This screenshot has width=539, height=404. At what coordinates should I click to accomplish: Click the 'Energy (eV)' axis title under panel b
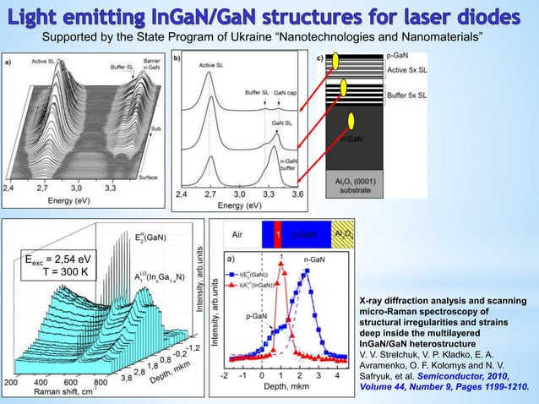pyautogui.click(x=238, y=205)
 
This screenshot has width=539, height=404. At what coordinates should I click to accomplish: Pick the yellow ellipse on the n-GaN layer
pyautogui.click(x=349, y=121)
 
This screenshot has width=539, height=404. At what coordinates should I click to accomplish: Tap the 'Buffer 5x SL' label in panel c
pyautogui.click(x=406, y=96)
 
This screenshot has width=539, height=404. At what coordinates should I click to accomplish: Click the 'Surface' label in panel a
pyautogui.click(x=149, y=176)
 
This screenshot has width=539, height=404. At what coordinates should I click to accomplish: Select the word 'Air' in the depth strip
pyautogui.click(x=237, y=232)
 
